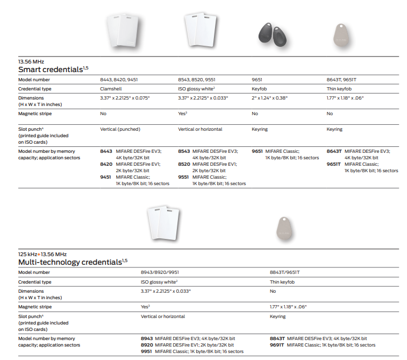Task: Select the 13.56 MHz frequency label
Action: tap(31, 61)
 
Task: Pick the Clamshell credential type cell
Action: tap(111, 89)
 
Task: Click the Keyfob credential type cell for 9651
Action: tap(259, 89)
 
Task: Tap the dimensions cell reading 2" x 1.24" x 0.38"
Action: tap(270, 98)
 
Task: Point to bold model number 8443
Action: tap(106, 151)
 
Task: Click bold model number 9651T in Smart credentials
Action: tap(334, 164)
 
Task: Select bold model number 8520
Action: tap(184, 164)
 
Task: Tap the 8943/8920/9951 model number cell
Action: tap(160, 272)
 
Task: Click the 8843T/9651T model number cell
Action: tap(284, 272)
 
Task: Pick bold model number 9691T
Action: tap(277, 345)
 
